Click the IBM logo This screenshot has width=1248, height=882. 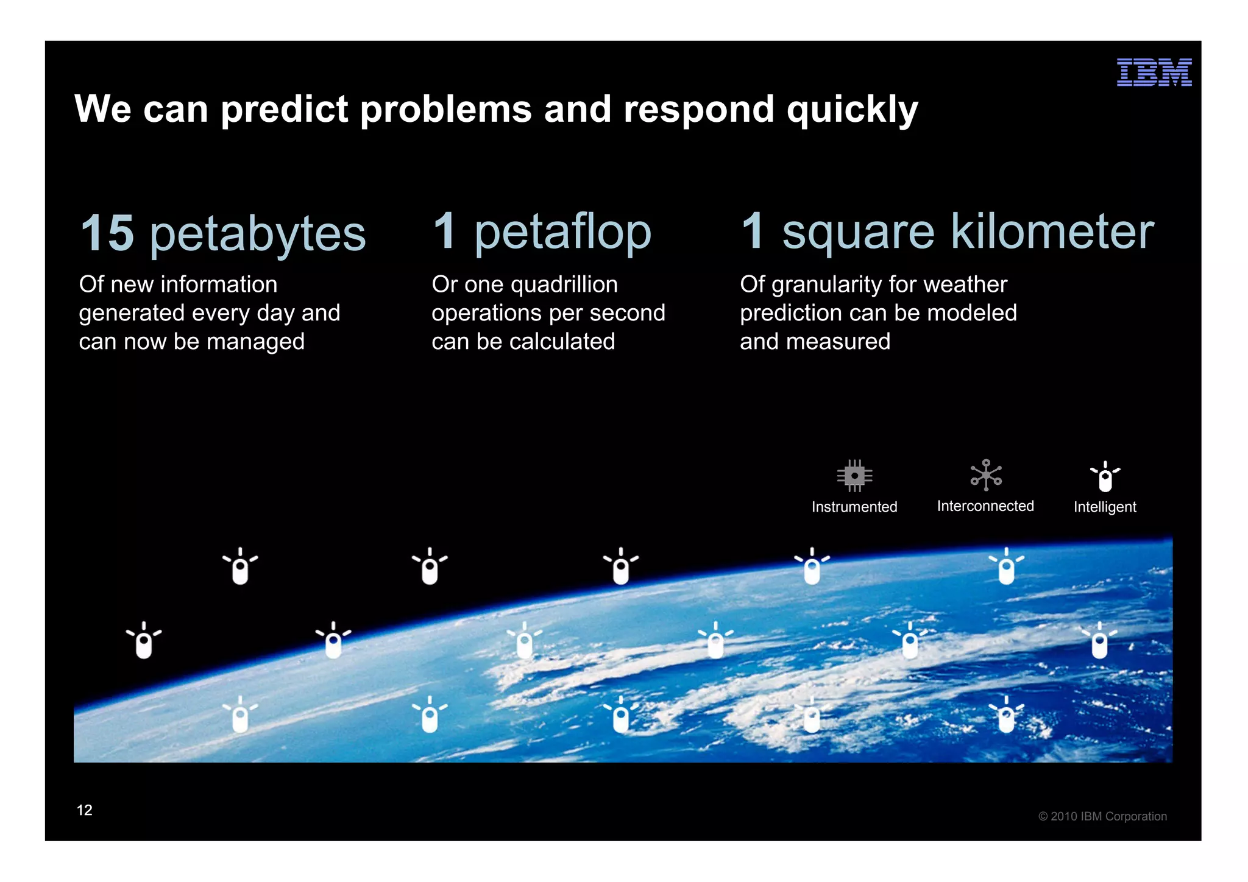[x=1154, y=72]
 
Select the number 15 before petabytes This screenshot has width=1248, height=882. [x=107, y=233]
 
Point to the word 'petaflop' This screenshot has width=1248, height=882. [x=562, y=233]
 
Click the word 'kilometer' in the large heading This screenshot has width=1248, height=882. [x=1052, y=232]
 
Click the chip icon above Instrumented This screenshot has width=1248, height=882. [x=854, y=476]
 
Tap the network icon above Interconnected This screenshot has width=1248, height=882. [x=985, y=475]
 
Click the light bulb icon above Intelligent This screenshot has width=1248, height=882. [x=1105, y=476]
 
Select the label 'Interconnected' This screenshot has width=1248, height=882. [x=985, y=506]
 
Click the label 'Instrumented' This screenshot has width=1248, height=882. [x=854, y=507]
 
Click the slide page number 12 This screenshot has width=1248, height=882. [x=84, y=810]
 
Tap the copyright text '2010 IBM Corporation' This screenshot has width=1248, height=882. [x=1108, y=816]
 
